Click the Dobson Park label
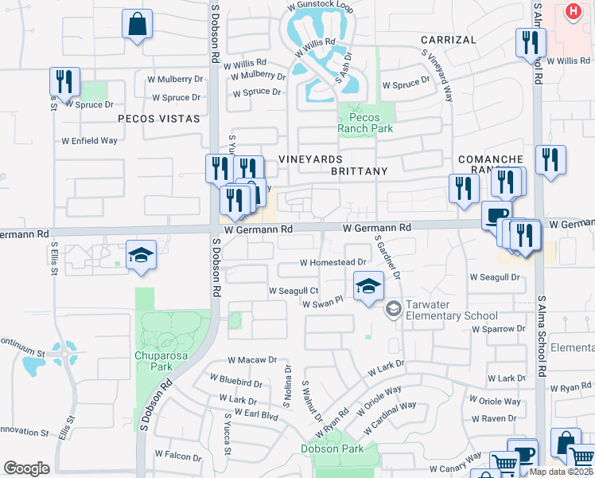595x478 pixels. coord(332,449)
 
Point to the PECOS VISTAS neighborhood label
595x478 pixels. coord(158,118)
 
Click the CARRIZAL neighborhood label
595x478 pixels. coord(448,39)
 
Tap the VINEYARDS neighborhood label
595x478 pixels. coord(310,160)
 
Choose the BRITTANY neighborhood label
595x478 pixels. coord(359,171)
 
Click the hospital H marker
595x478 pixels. coord(573,12)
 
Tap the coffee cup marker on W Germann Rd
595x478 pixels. coord(496,215)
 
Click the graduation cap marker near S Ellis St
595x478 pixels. coord(141,255)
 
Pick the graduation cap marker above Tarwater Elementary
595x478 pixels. coord(368,285)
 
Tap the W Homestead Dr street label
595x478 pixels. coord(333,262)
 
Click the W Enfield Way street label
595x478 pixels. coord(90,141)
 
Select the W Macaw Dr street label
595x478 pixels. coord(252,361)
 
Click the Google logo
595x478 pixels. coord(26,468)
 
